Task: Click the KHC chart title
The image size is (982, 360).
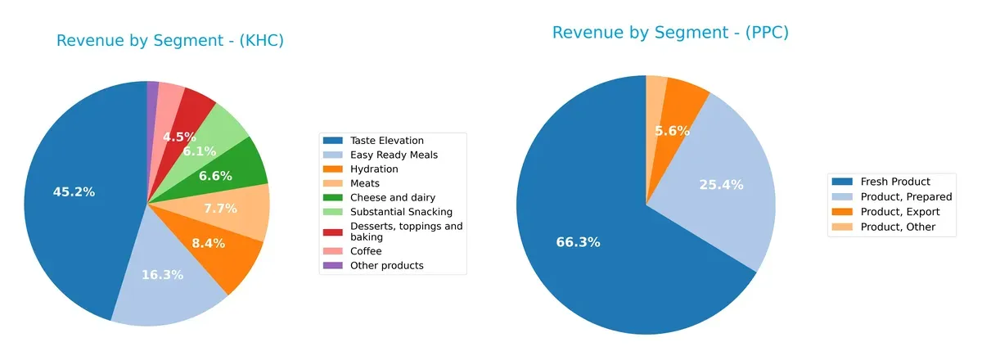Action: tap(169, 41)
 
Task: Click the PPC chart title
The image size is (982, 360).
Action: tap(670, 33)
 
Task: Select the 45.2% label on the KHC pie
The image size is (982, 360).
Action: tap(74, 192)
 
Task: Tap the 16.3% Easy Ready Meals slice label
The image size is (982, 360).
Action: tap(161, 275)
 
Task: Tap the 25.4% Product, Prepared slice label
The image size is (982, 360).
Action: tap(721, 185)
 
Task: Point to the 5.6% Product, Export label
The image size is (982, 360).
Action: tap(672, 131)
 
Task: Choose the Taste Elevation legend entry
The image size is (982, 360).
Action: tap(386, 141)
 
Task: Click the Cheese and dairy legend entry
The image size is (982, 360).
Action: tap(393, 197)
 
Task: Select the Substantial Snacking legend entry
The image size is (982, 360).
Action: tap(401, 212)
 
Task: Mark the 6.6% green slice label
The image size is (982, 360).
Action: tap(216, 176)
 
